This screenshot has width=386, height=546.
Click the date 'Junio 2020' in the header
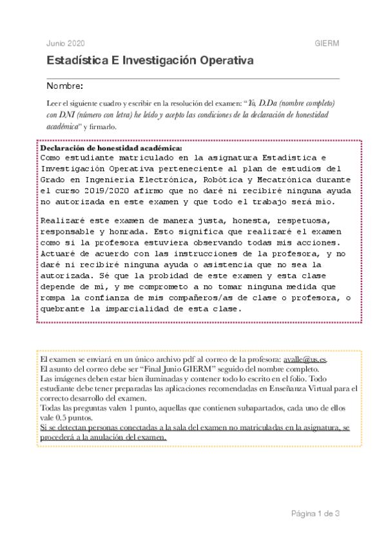pyautogui.click(x=66, y=42)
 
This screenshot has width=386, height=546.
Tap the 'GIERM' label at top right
pyautogui.click(x=327, y=42)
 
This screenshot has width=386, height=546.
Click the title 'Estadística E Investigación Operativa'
pyautogui.click(x=150, y=61)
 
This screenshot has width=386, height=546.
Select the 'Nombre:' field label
pyautogui.click(x=64, y=86)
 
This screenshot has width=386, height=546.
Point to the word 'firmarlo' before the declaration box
pyautogui.click(x=101, y=127)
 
